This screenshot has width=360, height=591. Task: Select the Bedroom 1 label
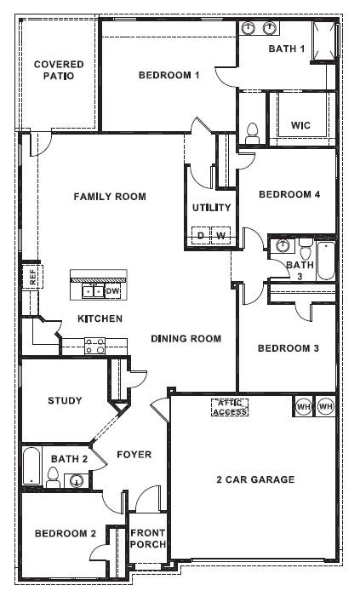(169, 75)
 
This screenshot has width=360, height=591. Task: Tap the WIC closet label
(300, 125)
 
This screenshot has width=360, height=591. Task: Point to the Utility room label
(211, 207)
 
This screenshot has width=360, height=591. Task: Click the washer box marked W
(221, 235)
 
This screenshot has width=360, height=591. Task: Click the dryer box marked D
(201, 235)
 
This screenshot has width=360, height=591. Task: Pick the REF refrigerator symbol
(31, 276)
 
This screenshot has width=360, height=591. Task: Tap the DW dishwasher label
(113, 291)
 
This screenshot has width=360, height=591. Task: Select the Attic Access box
(229, 407)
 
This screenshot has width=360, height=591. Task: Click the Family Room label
(110, 197)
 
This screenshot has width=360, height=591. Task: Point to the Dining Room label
(186, 339)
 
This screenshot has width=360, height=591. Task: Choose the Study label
(65, 400)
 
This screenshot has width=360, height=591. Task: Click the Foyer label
(134, 454)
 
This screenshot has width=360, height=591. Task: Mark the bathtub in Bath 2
(30, 468)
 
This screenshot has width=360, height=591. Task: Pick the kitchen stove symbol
(94, 345)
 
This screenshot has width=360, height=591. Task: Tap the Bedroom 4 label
(289, 194)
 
